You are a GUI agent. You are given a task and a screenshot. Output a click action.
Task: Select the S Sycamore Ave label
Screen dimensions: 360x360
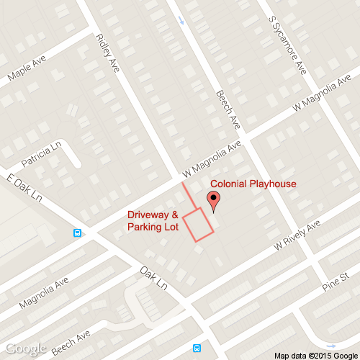[287, 45]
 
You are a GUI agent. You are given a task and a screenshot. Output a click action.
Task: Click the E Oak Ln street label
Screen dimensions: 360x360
[24, 188]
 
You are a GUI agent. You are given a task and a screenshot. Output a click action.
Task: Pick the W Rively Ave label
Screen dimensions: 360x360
[296, 236]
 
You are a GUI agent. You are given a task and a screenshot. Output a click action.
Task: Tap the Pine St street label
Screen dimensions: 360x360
[336, 281]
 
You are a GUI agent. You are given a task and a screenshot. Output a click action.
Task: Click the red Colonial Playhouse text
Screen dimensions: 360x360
[253, 184]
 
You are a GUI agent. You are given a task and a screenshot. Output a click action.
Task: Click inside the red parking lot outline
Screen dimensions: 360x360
[199, 225]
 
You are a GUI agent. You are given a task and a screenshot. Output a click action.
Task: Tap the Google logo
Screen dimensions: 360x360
[26, 349]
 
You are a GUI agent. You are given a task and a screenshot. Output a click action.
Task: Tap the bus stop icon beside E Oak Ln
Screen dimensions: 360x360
[77, 233]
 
